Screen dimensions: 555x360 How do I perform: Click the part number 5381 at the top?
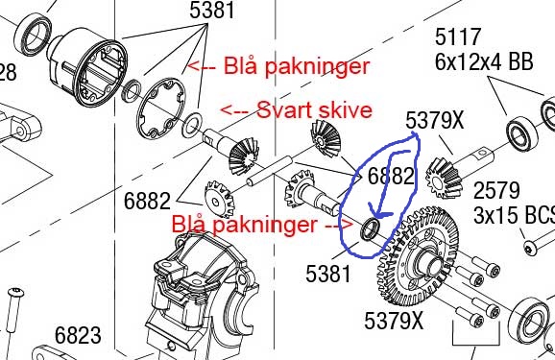[212, 10]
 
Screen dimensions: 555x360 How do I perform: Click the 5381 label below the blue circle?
[328, 274]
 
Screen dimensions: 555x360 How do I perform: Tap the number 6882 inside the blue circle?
[391, 176]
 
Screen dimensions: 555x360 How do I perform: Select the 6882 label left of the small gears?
[147, 201]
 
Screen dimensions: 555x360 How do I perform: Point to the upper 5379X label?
[434, 120]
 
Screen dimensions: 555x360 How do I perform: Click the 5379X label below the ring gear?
[394, 321]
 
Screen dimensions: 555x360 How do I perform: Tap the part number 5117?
[458, 36]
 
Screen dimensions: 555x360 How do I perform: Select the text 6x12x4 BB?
[484, 61]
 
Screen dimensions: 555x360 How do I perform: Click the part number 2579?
[496, 190]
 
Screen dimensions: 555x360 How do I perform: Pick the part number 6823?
[78, 335]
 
